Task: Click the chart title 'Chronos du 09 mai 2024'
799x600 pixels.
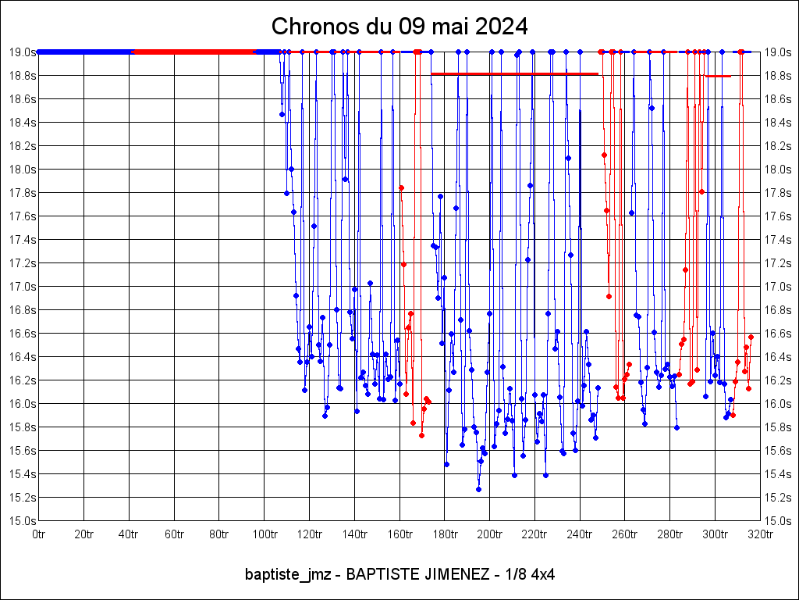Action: pyautogui.click(x=399, y=27)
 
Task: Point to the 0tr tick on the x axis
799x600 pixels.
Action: pyautogui.click(x=39, y=534)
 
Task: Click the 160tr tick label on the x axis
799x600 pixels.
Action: pyautogui.click(x=399, y=534)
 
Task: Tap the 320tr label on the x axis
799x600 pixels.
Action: pyautogui.click(x=760, y=534)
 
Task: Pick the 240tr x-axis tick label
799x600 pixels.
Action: pyautogui.click(x=580, y=534)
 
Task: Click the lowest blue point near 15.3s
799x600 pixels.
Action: pyautogui.click(x=478, y=489)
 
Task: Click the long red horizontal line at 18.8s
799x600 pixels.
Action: pyautogui.click(x=515, y=74)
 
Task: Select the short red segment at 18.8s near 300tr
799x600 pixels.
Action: pyautogui.click(x=718, y=76)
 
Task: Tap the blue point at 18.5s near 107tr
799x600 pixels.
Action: pyautogui.click(x=282, y=114)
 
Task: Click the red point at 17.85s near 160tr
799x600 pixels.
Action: pyautogui.click(x=402, y=187)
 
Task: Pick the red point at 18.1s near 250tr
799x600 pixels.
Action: pyautogui.click(x=604, y=155)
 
